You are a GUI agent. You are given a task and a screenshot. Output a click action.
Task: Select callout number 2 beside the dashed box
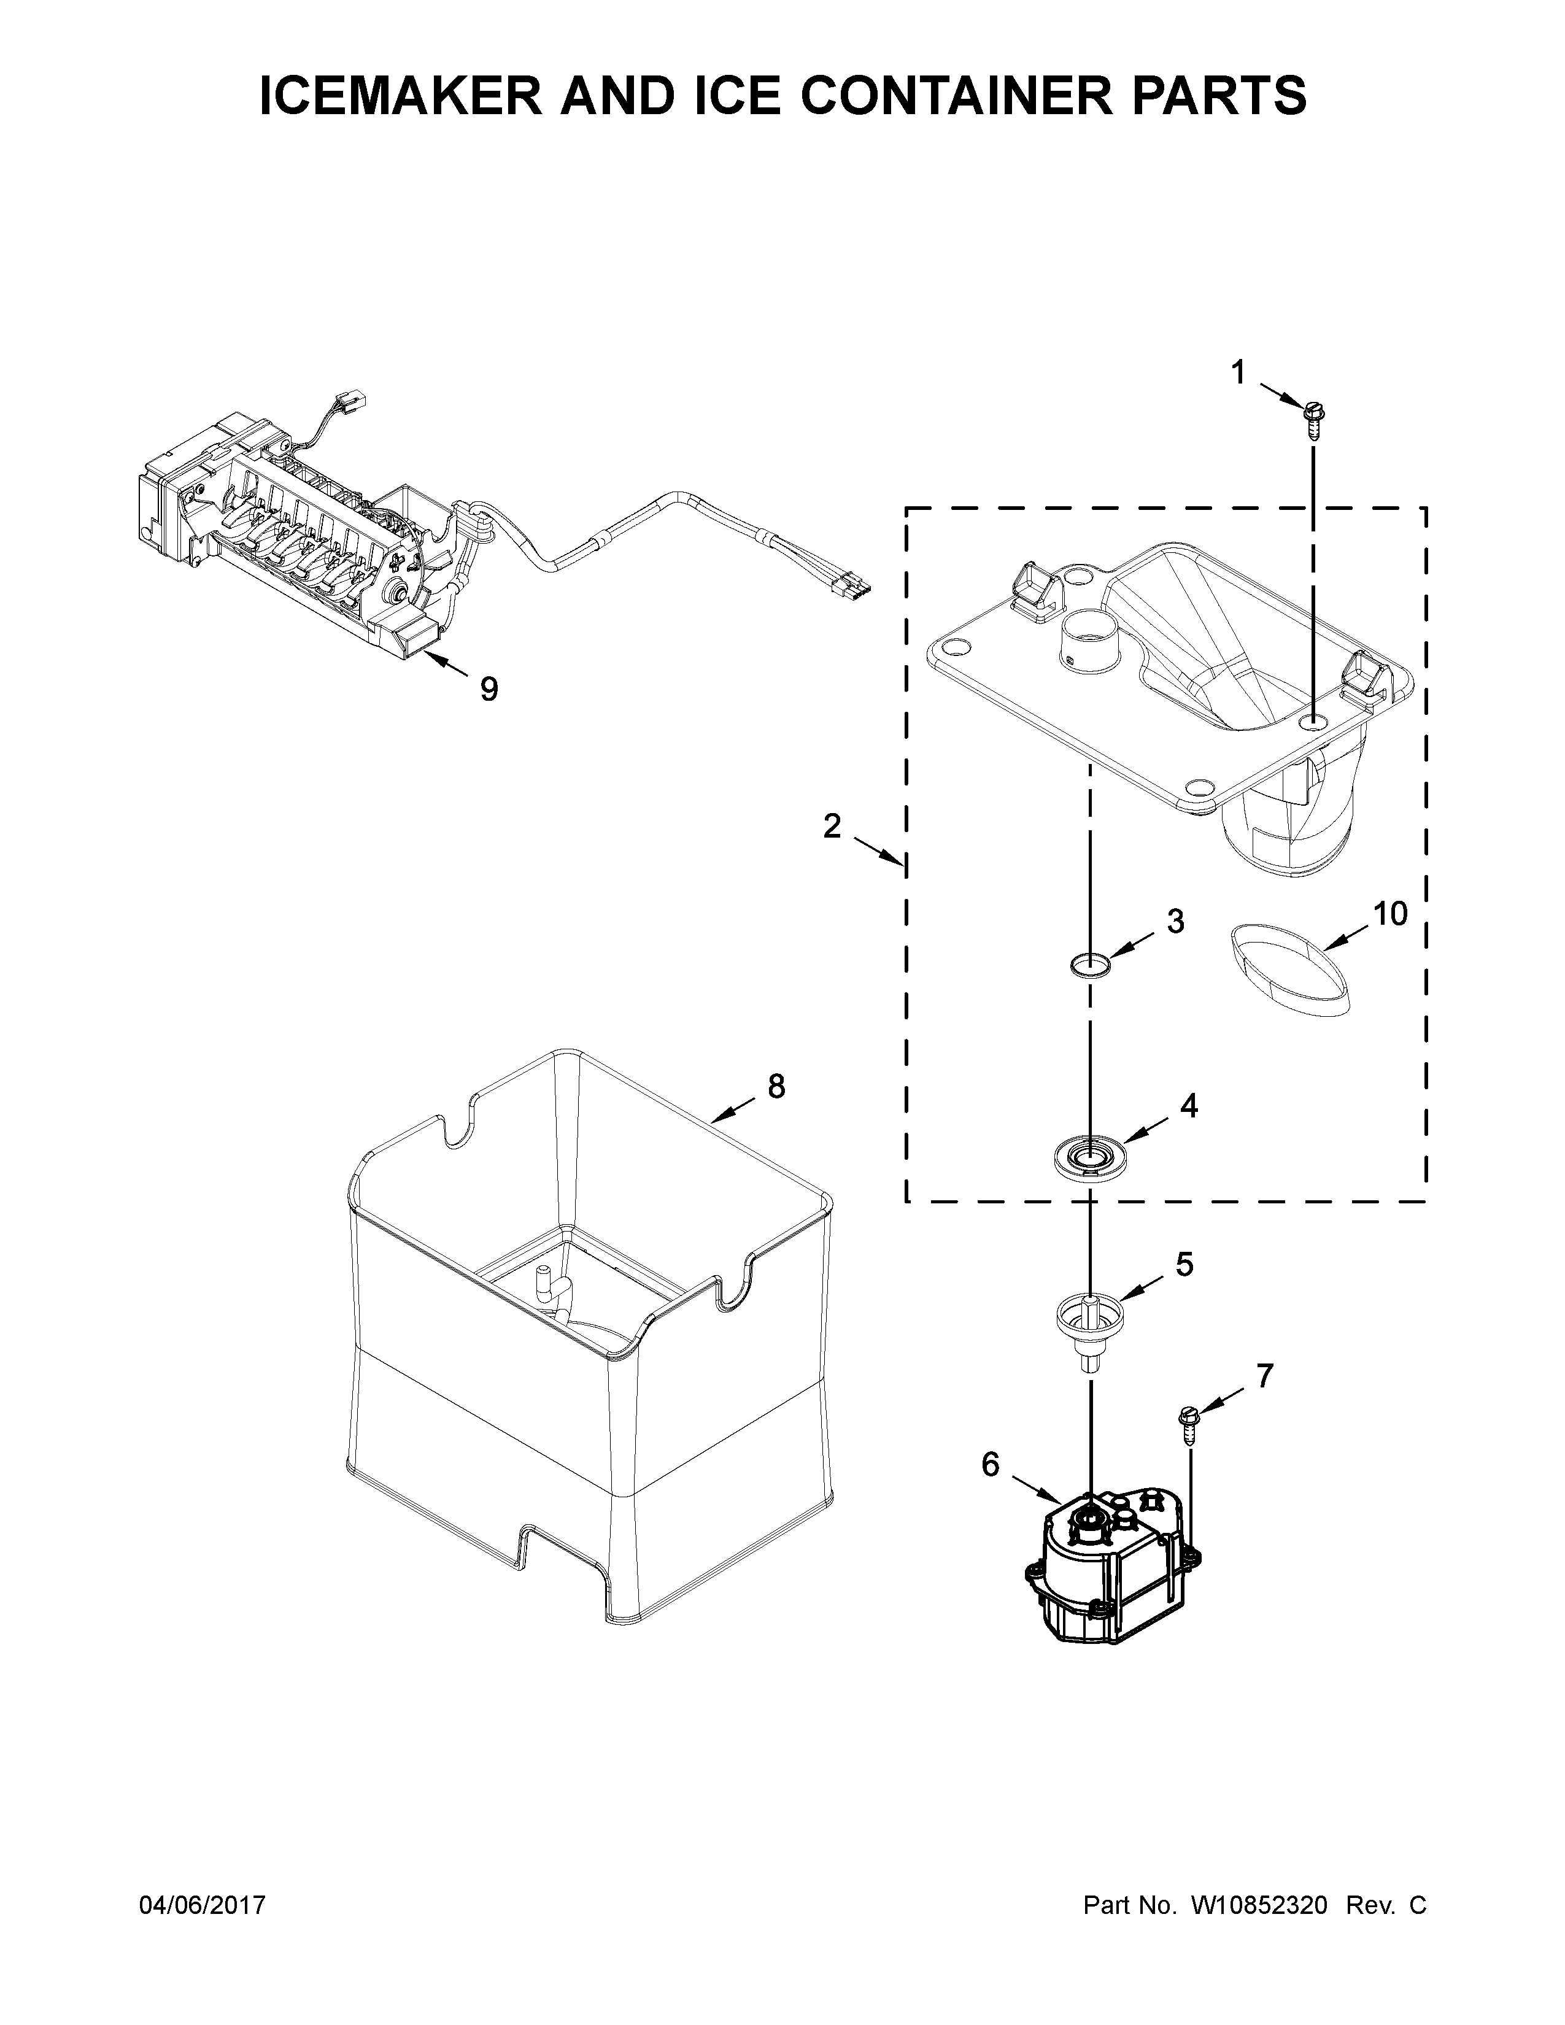(x=832, y=824)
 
